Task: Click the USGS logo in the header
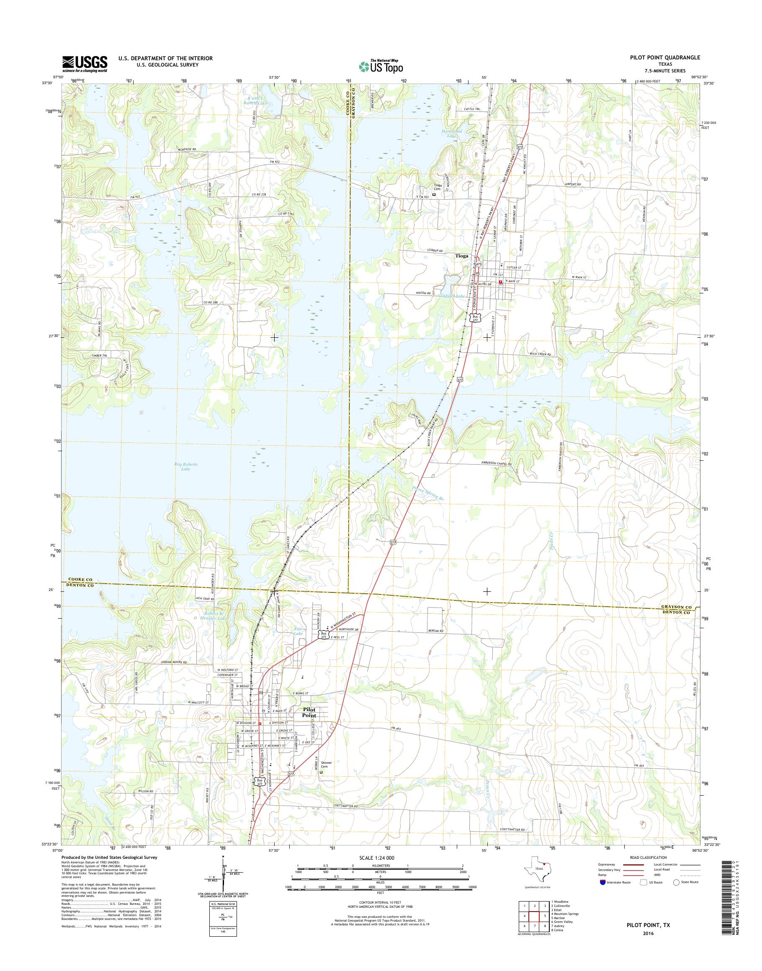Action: [85, 63]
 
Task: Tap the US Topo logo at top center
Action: [381, 66]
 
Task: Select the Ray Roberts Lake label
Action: [185, 467]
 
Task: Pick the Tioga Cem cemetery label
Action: [438, 187]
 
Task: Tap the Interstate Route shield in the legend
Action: [603, 882]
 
